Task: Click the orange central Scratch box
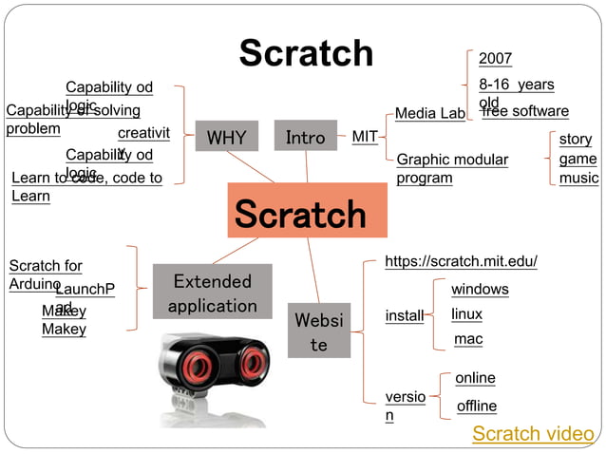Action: (x=308, y=211)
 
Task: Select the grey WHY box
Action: (x=226, y=138)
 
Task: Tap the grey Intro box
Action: (x=305, y=137)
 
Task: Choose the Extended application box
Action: (x=212, y=293)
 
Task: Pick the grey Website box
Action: (x=318, y=330)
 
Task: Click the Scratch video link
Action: (x=533, y=434)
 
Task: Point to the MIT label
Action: (x=365, y=137)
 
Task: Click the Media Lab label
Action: (x=429, y=114)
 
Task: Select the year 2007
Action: (x=495, y=59)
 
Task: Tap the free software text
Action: (x=525, y=111)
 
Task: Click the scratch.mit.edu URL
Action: (x=461, y=261)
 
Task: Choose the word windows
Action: (x=480, y=289)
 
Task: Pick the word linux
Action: (x=466, y=313)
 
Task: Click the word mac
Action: (x=468, y=338)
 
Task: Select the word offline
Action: (x=477, y=406)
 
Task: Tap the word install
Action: (x=405, y=315)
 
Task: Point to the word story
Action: (x=576, y=139)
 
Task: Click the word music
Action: (x=578, y=178)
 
